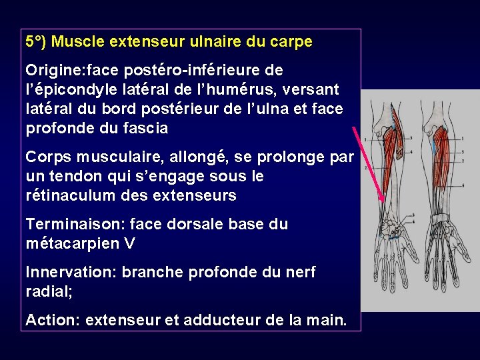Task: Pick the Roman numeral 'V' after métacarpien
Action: [129, 243]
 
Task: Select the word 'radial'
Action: [45, 291]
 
